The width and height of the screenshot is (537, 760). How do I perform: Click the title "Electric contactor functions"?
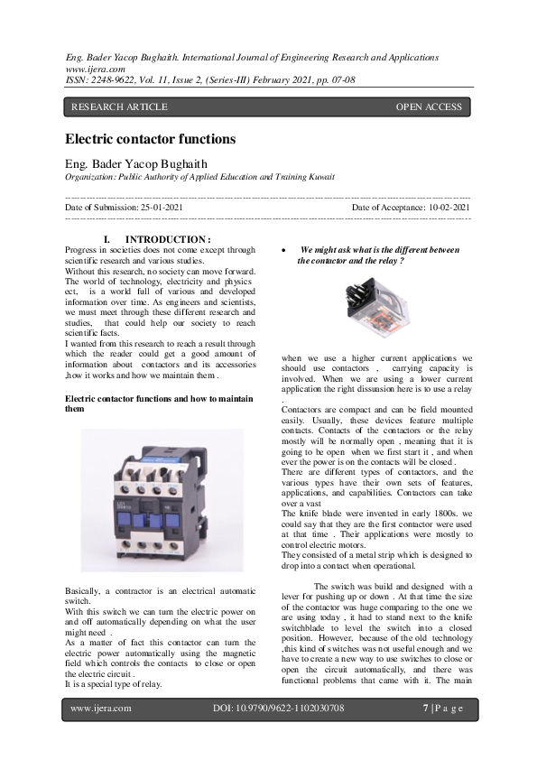pos(150,139)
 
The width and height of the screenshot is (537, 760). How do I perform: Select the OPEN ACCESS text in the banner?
pos(429,107)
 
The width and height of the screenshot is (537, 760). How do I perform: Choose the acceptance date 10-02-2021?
pos(440,209)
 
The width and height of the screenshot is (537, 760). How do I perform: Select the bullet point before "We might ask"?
pos(284,250)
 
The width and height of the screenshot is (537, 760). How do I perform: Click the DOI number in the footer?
pos(278,709)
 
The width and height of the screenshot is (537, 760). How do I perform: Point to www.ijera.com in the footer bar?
pos(100,709)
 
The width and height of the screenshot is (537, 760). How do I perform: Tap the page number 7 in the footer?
pos(425,709)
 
